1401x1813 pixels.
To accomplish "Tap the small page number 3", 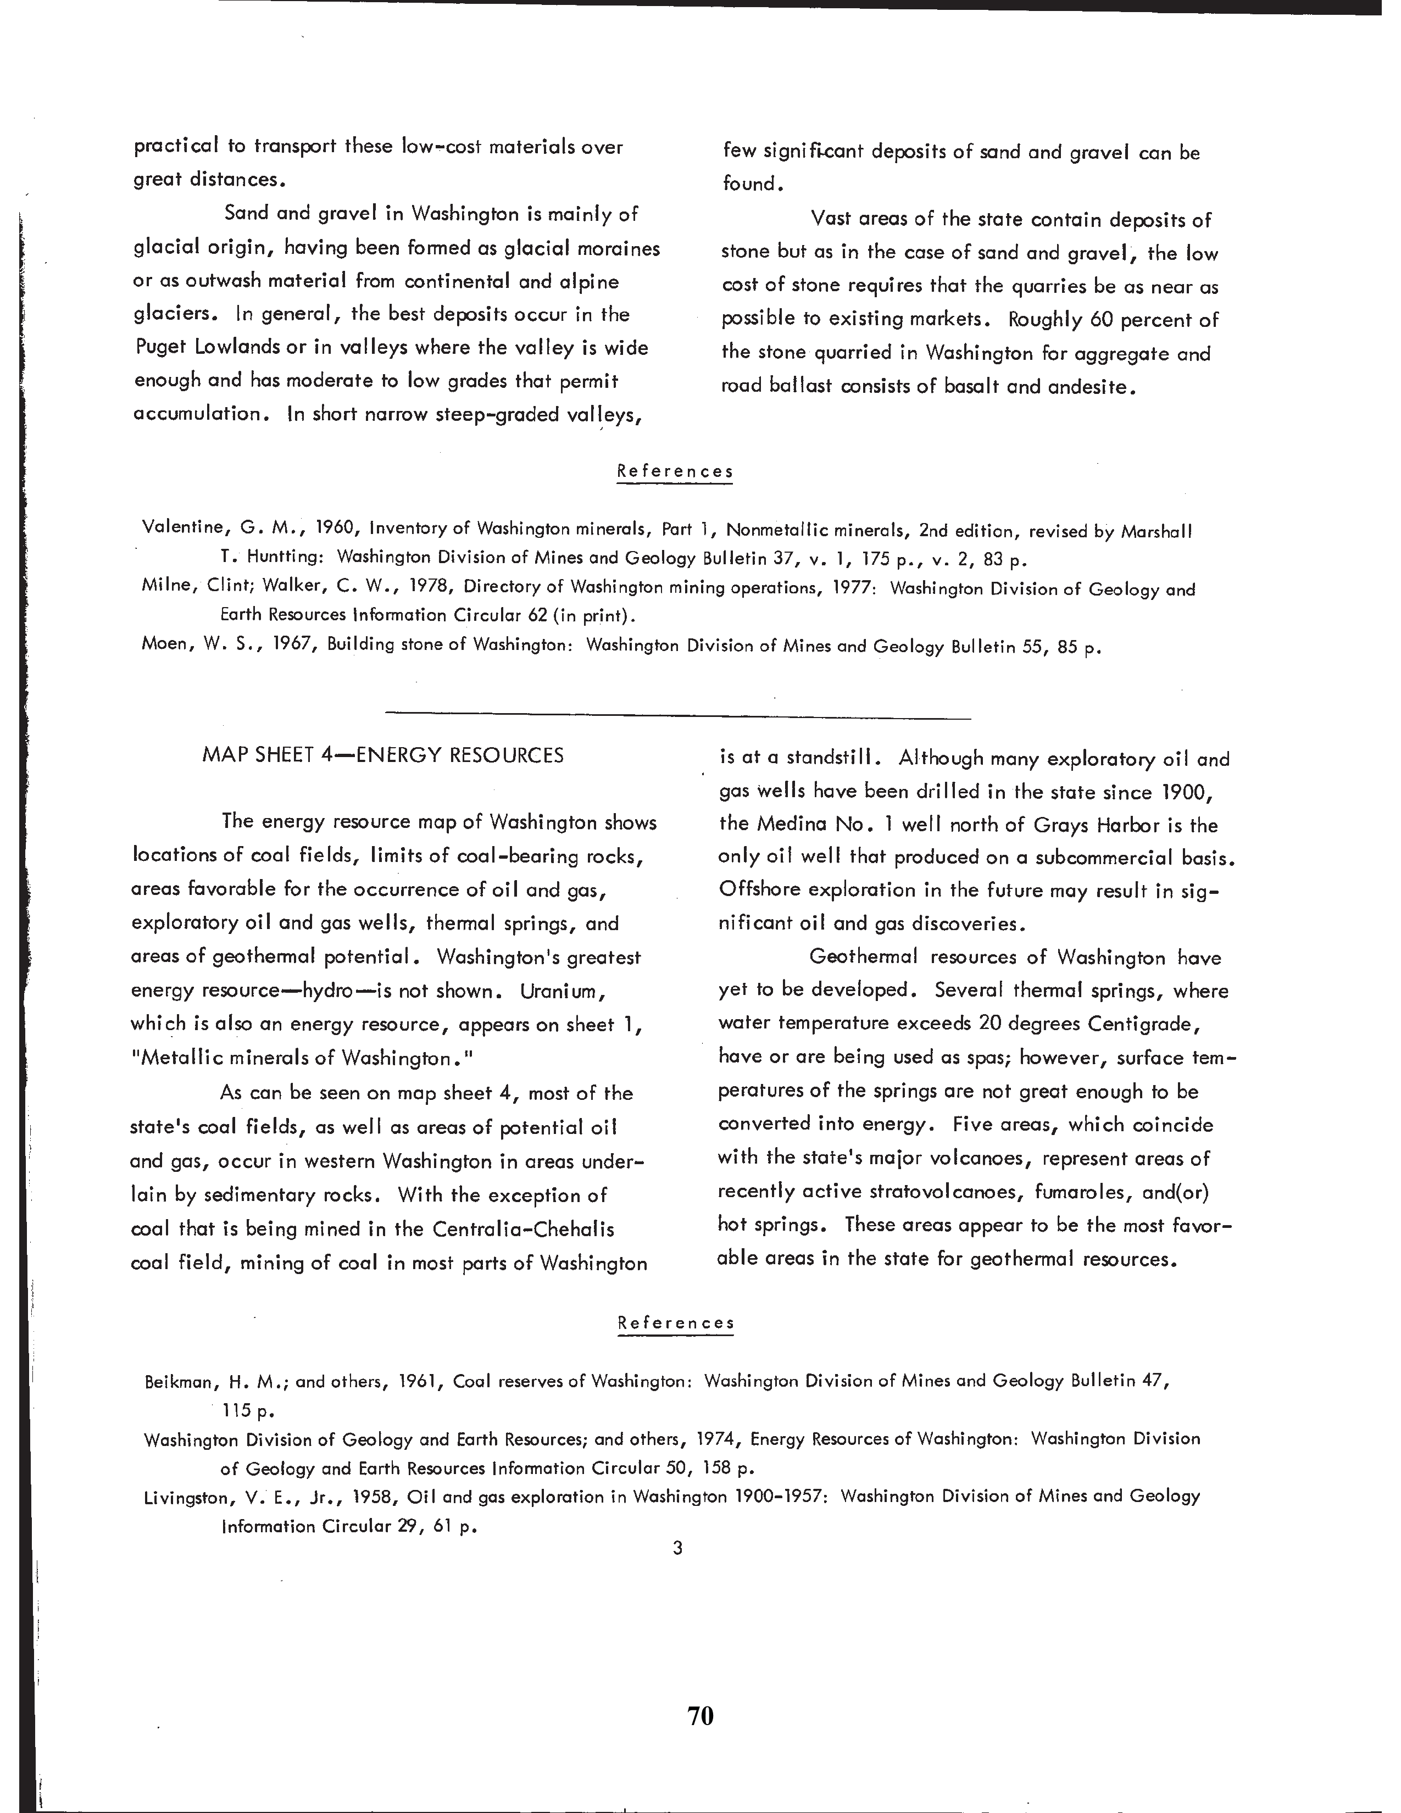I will click(x=677, y=1547).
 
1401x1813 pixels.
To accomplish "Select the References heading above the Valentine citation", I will click(x=675, y=471).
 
